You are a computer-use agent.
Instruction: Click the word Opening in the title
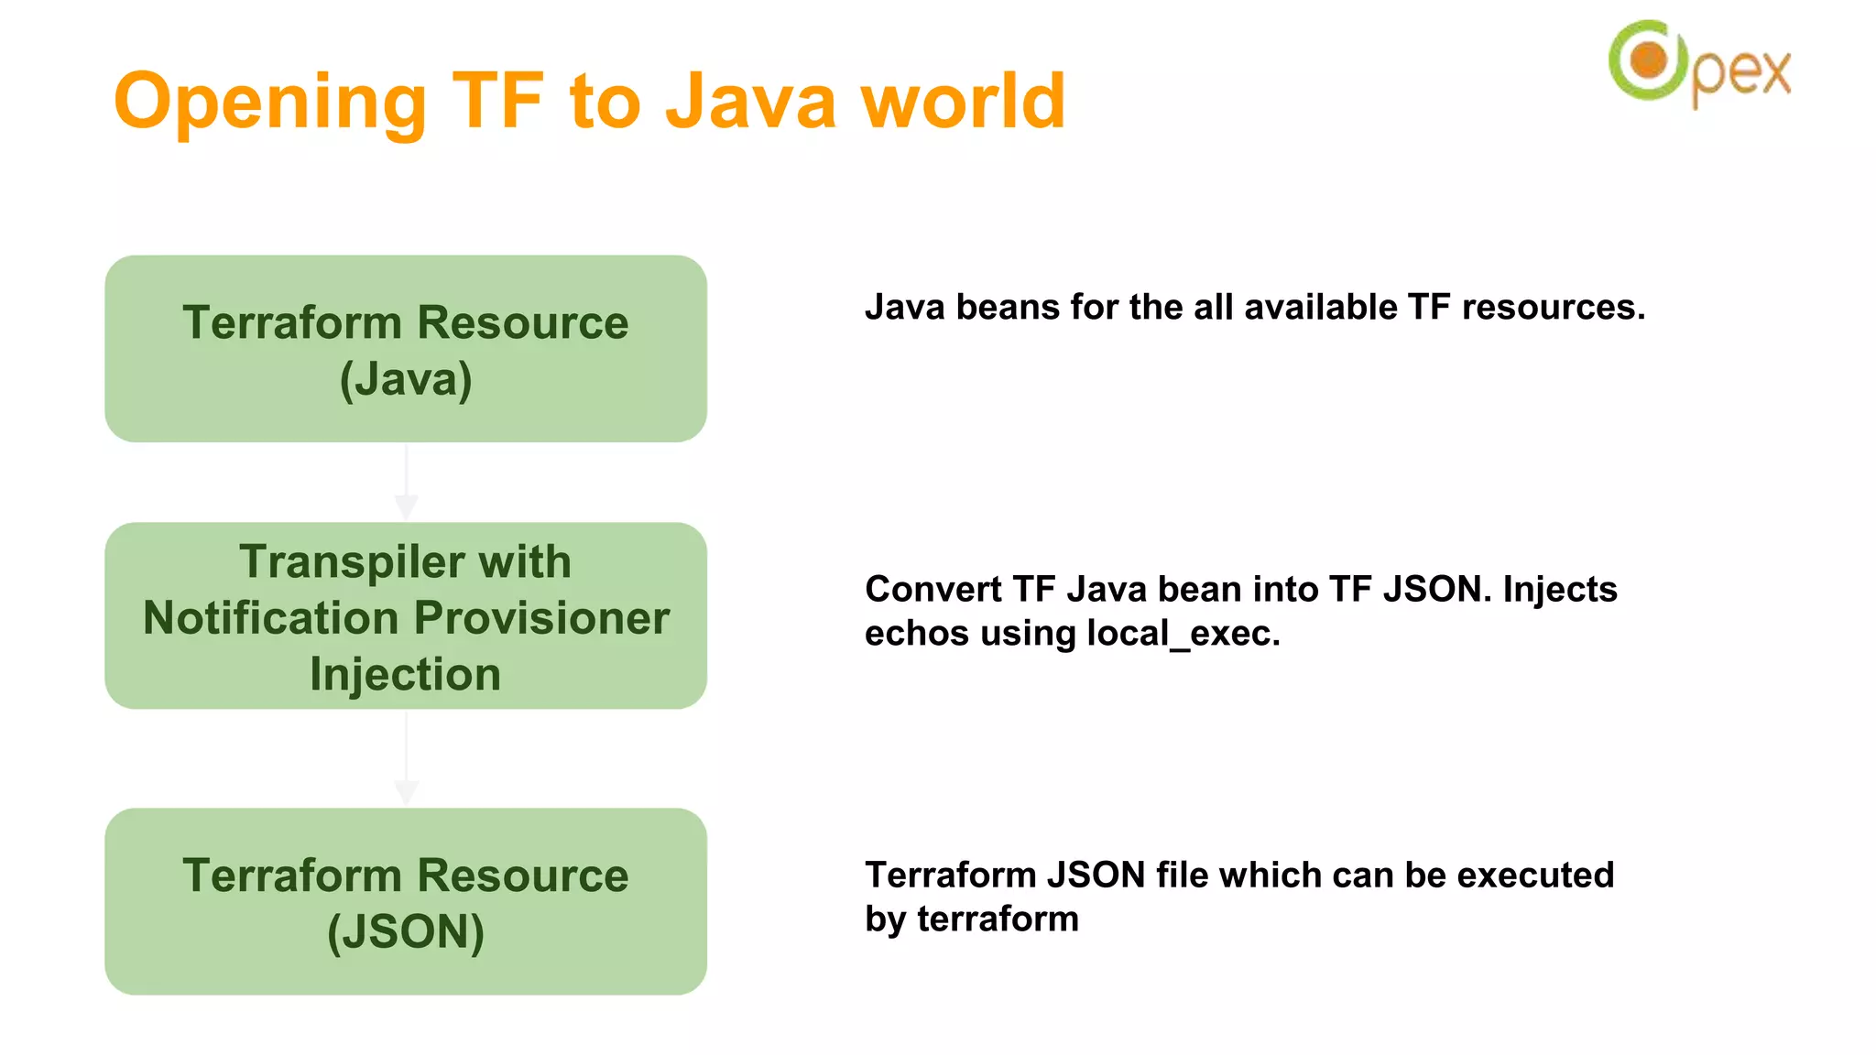[x=270, y=103]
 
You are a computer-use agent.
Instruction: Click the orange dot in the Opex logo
[x=1649, y=60]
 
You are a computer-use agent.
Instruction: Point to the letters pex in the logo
[x=1740, y=73]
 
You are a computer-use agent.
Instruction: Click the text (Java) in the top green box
[x=406, y=379]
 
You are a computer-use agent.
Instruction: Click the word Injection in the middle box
[x=406, y=675]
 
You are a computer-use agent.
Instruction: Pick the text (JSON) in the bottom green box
[x=406, y=932]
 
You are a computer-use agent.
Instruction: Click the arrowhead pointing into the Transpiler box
[x=406, y=506]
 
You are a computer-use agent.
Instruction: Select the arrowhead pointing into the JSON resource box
[x=406, y=792]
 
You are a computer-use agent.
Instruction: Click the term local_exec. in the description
[x=1183, y=634]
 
